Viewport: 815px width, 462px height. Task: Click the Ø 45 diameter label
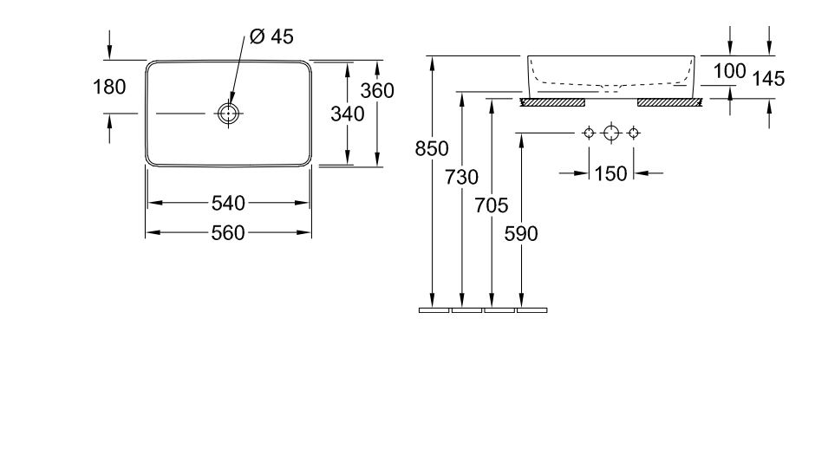(x=271, y=36)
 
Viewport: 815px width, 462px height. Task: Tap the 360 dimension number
(x=378, y=90)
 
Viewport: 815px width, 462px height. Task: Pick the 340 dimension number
(x=347, y=114)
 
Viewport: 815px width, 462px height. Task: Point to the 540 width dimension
(x=229, y=204)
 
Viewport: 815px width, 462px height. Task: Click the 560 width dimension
(x=229, y=232)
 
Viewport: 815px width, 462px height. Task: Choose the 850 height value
(x=431, y=149)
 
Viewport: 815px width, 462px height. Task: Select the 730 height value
(x=462, y=178)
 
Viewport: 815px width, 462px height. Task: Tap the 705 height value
(x=491, y=206)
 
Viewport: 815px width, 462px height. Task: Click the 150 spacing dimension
(x=611, y=173)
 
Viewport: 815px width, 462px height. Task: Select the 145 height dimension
(x=768, y=79)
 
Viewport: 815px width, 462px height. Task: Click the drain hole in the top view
(x=227, y=114)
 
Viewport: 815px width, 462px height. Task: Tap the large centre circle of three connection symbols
(x=611, y=133)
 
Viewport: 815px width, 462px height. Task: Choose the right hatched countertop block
(x=669, y=101)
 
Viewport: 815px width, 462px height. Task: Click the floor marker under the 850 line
(x=434, y=309)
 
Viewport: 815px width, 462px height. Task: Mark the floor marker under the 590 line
(x=531, y=309)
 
